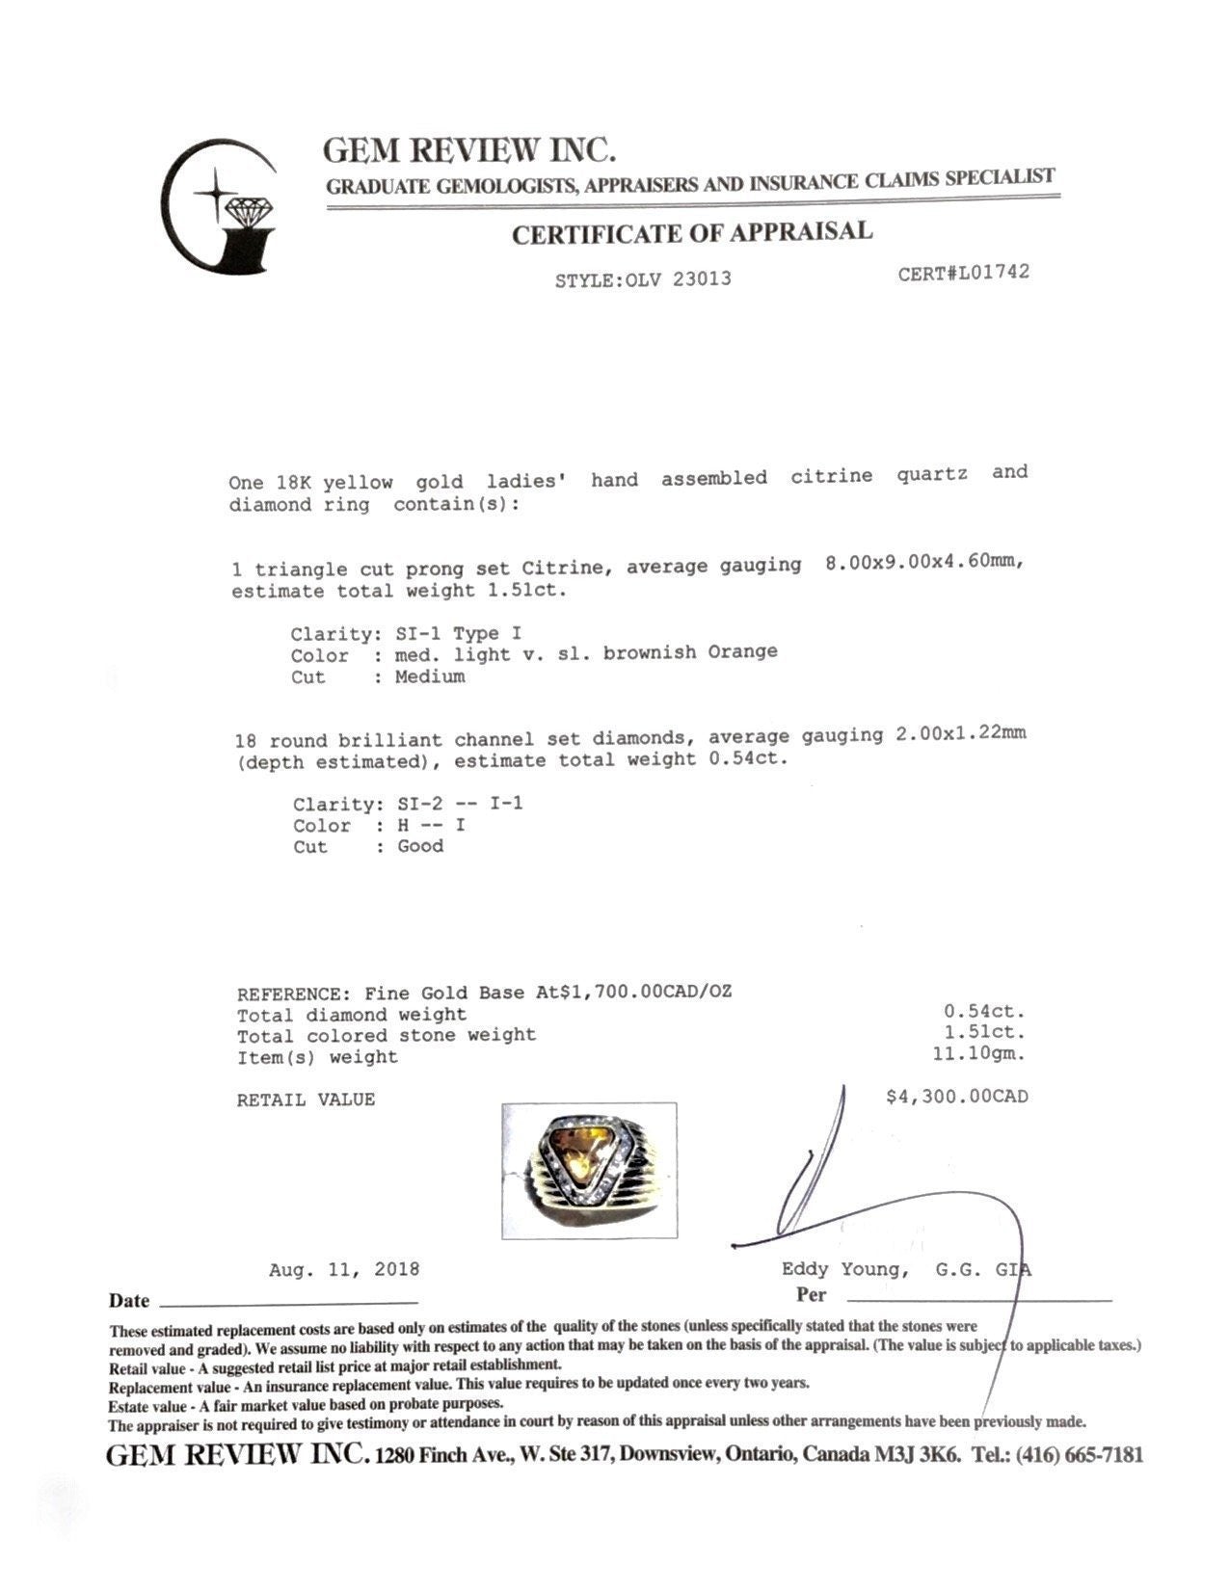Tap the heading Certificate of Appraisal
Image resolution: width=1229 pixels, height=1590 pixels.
click(691, 233)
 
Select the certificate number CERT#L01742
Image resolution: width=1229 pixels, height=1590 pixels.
click(963, 273)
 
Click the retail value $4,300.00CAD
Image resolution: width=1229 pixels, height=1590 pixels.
click(956, 1097)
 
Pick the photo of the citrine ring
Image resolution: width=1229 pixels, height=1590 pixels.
click(589, 1170)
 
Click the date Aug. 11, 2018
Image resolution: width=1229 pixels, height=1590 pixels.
click(344, 1269)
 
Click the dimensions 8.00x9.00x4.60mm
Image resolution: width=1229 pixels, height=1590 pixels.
click(923, 563)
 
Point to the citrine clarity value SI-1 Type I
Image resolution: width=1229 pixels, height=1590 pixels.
click(460, 634)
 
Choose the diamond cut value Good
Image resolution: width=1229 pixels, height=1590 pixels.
click(420, 846)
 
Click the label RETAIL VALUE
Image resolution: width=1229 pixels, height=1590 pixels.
click(306, 1100)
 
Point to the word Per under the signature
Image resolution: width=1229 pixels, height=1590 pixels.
click(811, 1294)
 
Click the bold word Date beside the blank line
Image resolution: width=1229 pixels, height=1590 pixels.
click(129, 1301)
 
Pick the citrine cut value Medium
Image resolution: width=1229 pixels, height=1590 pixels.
click(430, 676)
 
